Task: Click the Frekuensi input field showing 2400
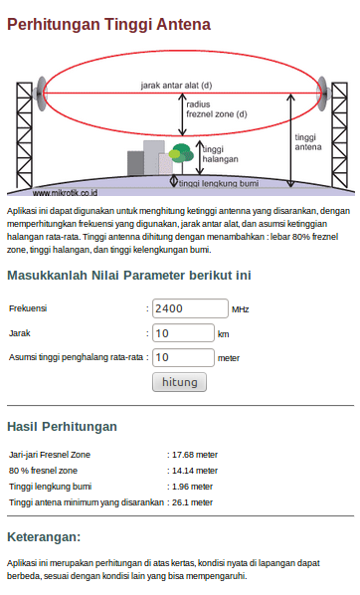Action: [189, 308]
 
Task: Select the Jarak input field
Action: [184, 333]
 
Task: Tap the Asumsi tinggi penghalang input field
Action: [184, 357]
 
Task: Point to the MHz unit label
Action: [241, 309]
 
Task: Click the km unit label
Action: [224, 334]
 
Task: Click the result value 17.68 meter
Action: [194, 454]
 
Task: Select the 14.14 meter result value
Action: [194, 470]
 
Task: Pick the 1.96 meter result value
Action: [192, 487]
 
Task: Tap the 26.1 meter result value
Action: [192, 502]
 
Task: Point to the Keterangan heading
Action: [44, 537]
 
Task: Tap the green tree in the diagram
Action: [181, 154]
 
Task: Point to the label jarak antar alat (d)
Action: [175, 87]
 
